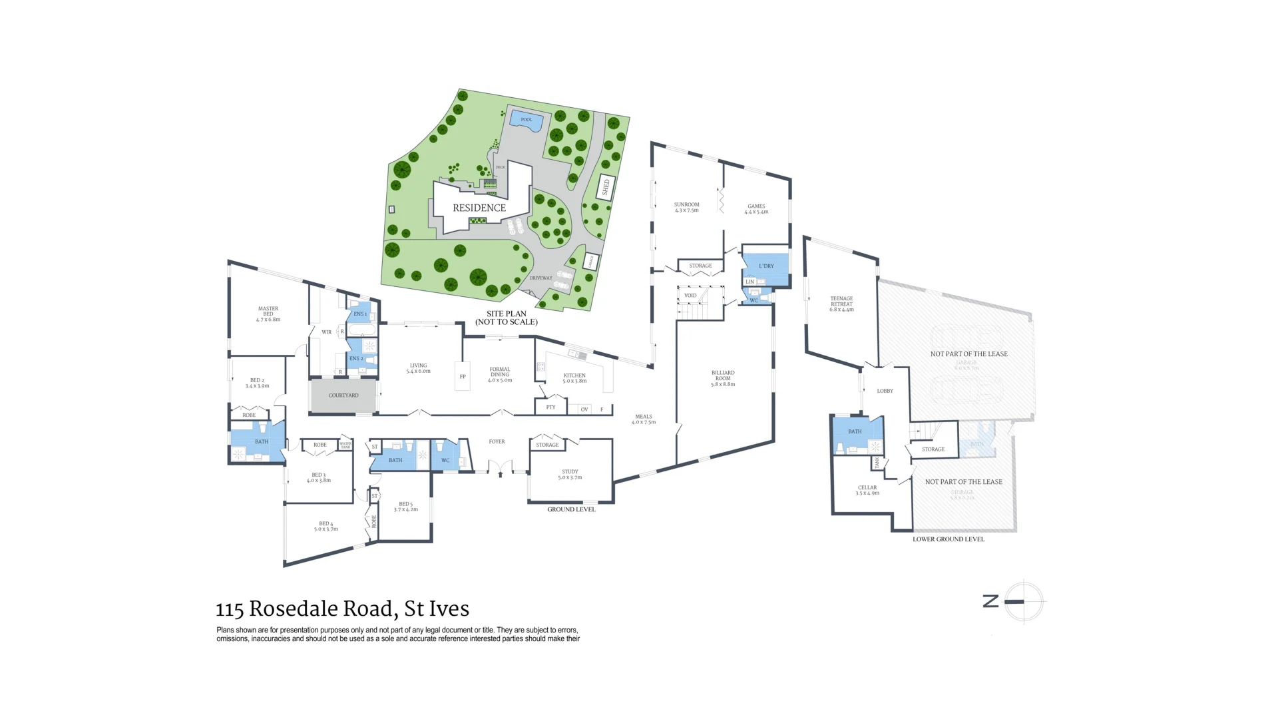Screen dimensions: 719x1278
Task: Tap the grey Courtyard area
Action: (343, 395)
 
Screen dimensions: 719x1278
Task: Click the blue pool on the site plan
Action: (527, 120)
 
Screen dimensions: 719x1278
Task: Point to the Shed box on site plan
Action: (605, 187)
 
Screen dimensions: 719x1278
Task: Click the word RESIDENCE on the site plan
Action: (479, 208)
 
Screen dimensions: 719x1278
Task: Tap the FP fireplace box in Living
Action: (463, 377)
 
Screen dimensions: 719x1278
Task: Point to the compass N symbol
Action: (990, 601)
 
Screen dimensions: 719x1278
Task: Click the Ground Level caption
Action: (571, 509)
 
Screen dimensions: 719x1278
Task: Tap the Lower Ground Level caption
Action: (948, 539)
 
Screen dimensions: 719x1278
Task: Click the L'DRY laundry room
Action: (766, 266)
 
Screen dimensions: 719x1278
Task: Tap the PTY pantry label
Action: (550, 407)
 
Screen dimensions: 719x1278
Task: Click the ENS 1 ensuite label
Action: (359, 314)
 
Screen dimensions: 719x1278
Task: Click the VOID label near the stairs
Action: (690, 295)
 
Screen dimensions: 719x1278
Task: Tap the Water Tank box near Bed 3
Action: (345, 445)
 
